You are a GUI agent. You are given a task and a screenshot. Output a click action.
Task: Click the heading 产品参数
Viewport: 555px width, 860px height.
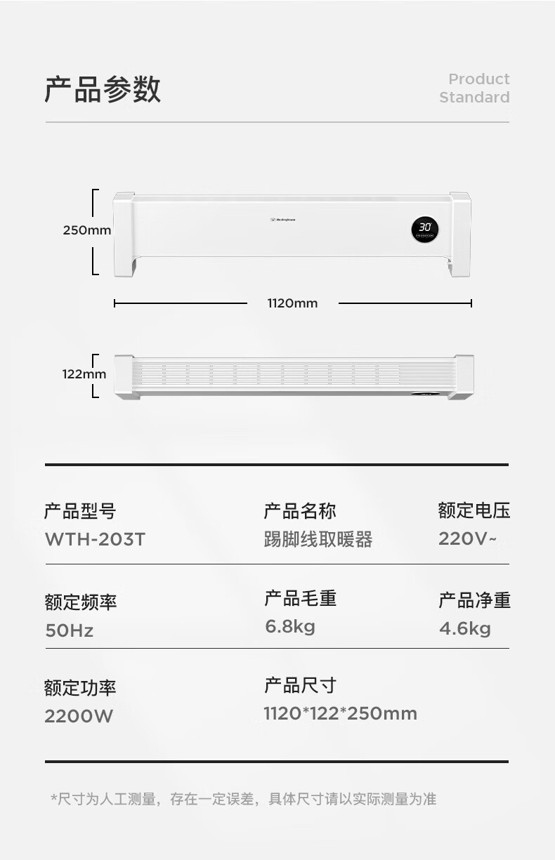[x=103, y=89]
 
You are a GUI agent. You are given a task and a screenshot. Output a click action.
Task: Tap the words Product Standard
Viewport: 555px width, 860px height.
[x=475, y=88]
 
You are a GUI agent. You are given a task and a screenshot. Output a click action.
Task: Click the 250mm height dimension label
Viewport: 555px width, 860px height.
[x=87, y=230]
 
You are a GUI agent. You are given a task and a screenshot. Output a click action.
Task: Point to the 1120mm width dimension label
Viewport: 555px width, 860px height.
[x=293, y=303]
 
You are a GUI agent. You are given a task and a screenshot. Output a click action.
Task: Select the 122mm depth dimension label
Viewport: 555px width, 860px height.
[x=84, y=374]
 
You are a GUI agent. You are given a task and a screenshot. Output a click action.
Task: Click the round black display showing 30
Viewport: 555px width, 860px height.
[x=425, y=230]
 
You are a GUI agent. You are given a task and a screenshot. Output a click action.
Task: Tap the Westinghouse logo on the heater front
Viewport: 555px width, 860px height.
[x=283, y=220]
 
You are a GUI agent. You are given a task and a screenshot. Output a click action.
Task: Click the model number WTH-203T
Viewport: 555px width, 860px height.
[x=96, y=539]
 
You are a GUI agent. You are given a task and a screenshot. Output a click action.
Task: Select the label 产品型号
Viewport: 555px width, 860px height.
[x=80, y=511]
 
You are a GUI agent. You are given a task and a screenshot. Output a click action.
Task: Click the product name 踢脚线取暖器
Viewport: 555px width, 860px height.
[x=318, y=539]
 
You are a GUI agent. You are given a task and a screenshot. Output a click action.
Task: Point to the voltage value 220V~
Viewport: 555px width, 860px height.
[x=467, y=538]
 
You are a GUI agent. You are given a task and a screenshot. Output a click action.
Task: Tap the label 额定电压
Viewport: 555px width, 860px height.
[x=474, y=510]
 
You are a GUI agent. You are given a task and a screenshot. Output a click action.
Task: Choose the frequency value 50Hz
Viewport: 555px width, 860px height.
[x=70, y=630]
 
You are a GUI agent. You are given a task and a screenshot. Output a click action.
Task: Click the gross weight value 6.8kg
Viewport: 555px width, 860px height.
[x=290, y=627]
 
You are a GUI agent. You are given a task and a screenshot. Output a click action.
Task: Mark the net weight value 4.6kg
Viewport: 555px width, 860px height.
[x=465, y=629]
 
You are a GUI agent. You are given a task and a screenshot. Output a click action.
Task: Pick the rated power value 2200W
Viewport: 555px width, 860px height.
[x=79, y=716]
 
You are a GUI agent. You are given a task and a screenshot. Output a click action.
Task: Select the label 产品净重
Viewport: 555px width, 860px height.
[x=475, y=600]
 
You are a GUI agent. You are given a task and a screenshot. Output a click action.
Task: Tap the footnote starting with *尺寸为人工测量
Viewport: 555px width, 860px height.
[x=244, y=799]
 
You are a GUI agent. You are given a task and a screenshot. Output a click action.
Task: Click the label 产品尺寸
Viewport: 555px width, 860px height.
[x=301, y=686]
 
